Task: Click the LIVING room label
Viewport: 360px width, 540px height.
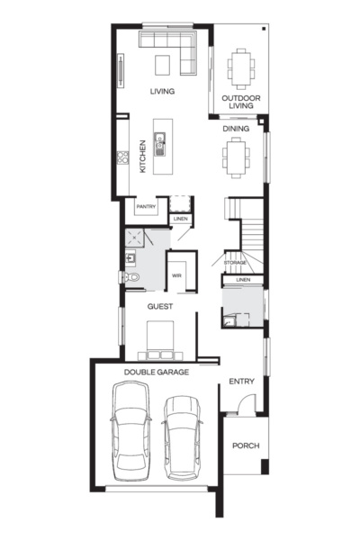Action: click(162, 91)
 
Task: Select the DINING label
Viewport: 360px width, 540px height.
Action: click(236, 128)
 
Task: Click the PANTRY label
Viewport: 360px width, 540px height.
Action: click(147, 207)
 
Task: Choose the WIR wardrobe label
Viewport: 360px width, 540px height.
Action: click(177, 275)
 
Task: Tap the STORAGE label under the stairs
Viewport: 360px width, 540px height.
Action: click(235, 262)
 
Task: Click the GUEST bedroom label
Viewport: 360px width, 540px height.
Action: click(161, 306)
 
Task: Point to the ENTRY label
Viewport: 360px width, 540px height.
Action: click(241, 381)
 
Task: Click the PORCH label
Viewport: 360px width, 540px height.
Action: click(246, 445)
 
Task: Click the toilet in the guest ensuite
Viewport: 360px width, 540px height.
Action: click(131, 278)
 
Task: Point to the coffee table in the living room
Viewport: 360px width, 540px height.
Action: click(163, 64)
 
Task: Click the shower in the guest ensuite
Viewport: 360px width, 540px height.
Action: click(135, 238)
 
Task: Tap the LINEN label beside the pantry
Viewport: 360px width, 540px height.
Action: click(180, 218)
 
